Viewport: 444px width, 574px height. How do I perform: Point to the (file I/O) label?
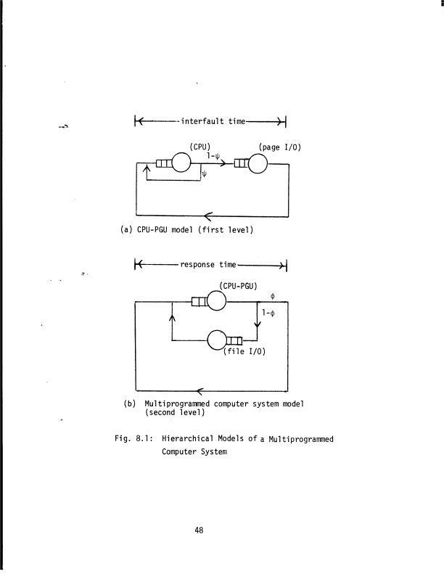coord(246,353)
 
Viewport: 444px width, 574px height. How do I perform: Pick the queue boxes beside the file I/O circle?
coord(235,340)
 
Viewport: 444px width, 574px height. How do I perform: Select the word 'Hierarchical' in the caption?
coord(193,439)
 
